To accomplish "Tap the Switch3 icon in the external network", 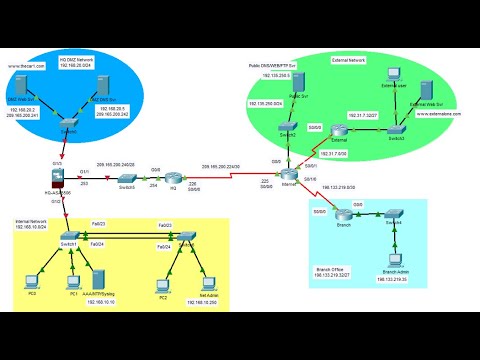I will pos(399,129).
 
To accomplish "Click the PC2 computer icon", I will pos(162,282).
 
